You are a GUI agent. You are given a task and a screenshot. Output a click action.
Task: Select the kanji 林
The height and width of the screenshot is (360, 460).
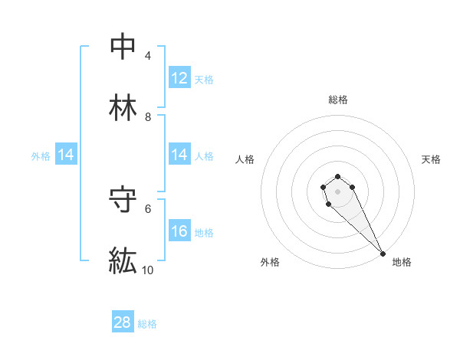pyautogui.click(x=123, y=107)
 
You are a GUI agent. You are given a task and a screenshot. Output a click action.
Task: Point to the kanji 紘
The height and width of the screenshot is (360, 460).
pyautogui.click(x=123, y=260)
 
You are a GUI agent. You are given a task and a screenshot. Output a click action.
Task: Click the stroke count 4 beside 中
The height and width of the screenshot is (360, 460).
pyautogui.click(x=148, y=56)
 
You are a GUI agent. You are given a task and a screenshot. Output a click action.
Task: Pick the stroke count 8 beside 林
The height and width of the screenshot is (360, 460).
pyautogui.click(x=148, y=117)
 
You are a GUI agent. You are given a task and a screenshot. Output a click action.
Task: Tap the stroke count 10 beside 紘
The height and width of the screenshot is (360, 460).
pyautogui.click(x=148, y=270)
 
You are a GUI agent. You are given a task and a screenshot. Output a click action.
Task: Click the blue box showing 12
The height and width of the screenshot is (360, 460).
pyautogui.click(x=179, y=78)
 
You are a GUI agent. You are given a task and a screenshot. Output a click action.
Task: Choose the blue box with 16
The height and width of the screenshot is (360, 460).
pyautogui.click(x=179, y=231)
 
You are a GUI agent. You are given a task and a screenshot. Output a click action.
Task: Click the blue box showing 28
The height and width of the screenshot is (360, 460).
pyautogui.click(x=123, y=322)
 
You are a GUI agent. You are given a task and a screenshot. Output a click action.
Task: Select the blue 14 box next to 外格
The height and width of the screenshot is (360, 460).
pyautogui.click(x=66, y=155)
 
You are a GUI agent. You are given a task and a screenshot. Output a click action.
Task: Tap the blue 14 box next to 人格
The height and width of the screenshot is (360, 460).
pyautogui.click(x=179, y=155)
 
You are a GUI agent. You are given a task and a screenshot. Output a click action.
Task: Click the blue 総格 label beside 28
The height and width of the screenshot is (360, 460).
pyautogui.click(x=147, y=324)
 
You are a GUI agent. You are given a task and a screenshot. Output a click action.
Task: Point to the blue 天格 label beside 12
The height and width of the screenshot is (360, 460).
pyautogui.click(x=204, y=80)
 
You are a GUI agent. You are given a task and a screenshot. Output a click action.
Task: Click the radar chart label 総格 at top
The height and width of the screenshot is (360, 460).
pyautogui.click(x=338, y=100)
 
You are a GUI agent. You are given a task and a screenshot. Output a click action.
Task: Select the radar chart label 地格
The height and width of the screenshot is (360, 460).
pyautogui.click(x=402, y=262)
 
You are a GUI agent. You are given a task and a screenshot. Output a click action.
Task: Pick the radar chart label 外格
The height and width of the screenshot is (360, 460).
pyautogui.click(x=270, y=262)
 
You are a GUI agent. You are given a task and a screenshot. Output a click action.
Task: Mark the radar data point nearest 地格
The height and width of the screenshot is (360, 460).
pyautogui.click(x=383, y=254)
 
